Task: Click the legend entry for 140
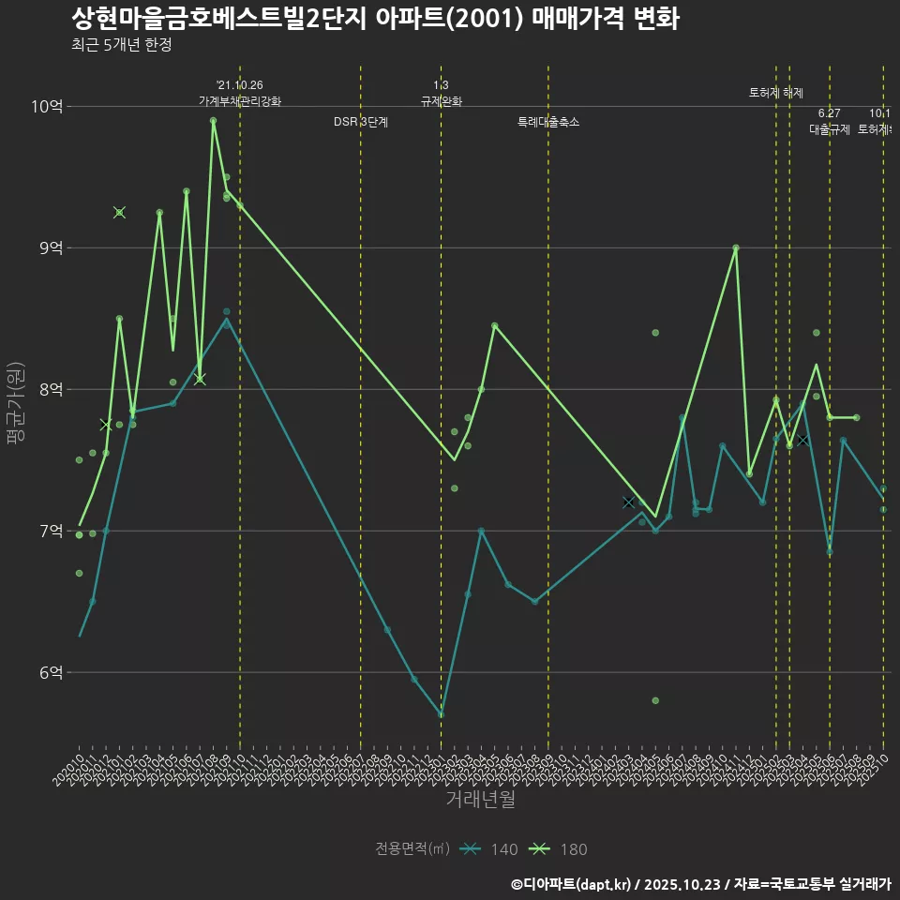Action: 491,849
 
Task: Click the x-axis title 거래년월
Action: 480,800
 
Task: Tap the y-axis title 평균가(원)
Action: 16,402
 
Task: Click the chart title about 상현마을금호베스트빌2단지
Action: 375,19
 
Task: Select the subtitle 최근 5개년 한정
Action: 121,45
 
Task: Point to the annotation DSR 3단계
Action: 361,122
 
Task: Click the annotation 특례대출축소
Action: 548,122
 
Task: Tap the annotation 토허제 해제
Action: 776,93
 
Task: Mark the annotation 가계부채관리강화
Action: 240,101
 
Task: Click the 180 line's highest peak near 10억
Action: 214,121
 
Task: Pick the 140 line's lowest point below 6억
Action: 441,715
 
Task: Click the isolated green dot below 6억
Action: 655,700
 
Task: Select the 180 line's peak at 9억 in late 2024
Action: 736,247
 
